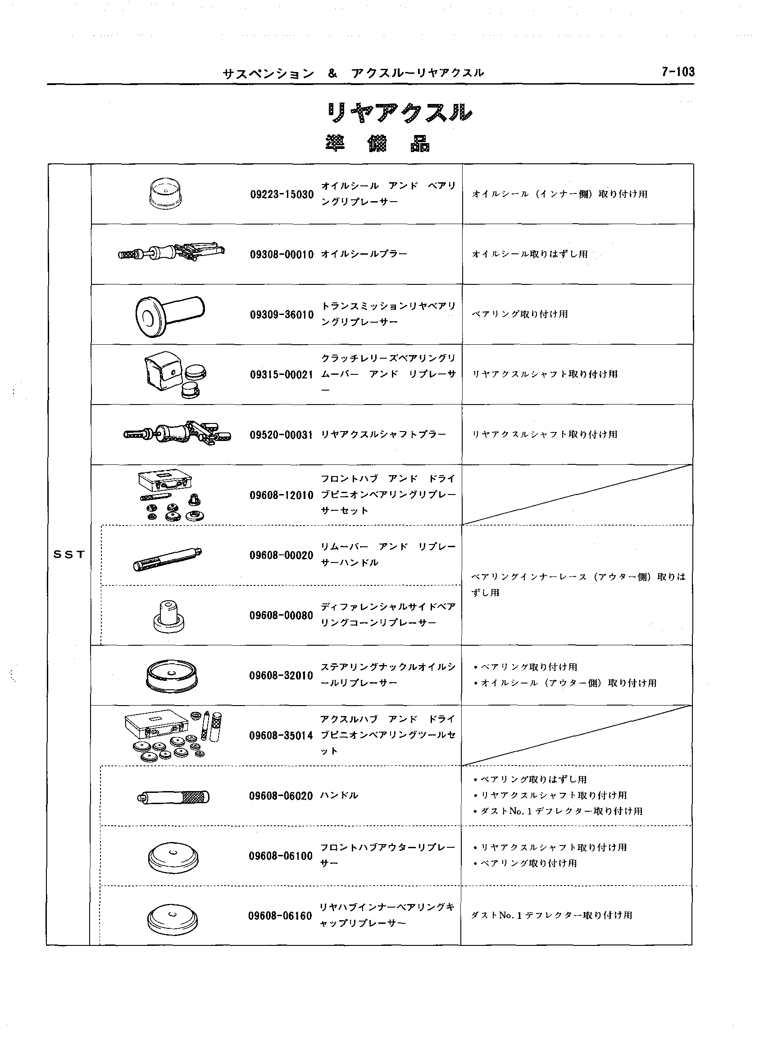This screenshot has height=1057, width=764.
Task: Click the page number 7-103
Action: [x=677, y=72]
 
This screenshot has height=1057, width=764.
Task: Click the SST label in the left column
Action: [x=69, y=554]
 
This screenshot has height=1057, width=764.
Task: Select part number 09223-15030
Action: [x=282, y=195]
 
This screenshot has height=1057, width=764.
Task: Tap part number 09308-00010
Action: [x=282, y=255]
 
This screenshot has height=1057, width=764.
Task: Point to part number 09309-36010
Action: [x=282, y=315]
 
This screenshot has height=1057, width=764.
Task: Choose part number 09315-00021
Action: [x=281, y=375]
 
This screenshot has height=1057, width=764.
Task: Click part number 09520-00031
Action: [x=281, y=435]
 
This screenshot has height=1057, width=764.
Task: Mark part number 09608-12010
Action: [x=281, y=495]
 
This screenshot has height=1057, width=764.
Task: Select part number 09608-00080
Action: [x=281, y=616]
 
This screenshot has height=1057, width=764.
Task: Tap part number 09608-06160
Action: [x=280, y=916]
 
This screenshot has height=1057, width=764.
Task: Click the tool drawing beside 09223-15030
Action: [x=166, y=193]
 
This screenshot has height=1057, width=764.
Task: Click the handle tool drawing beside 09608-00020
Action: [x=168, y=558]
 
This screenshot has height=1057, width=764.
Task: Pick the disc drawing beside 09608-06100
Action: [x=173, y=858]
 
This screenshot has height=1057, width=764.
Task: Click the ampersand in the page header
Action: [x=332, y=73]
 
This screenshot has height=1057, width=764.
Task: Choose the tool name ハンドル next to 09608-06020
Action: [x=339, y=796]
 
